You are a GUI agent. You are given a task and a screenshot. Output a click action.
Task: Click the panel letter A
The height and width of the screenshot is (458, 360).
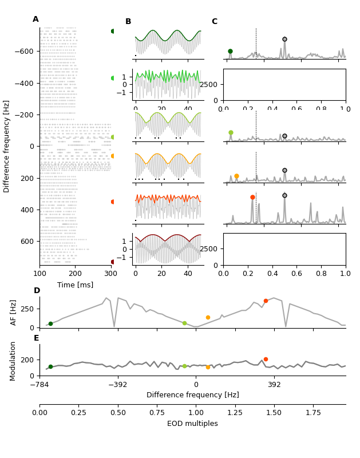click(35, 19)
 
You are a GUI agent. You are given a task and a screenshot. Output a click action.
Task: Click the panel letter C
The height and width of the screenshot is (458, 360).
click(214, 22)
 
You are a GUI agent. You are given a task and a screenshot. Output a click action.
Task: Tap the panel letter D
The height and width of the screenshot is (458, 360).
click(37, 291)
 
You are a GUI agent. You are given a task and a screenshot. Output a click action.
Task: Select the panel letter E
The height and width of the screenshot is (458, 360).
click(36, 338)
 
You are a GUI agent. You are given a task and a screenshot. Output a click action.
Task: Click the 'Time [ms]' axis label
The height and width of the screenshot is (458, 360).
click(75, 285)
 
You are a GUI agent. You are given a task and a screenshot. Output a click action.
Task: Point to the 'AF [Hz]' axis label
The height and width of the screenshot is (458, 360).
click(14, 312)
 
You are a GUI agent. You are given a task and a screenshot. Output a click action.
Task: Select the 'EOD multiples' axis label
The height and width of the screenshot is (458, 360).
click(192, 424)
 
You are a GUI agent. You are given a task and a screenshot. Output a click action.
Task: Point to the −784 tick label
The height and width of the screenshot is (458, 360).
click(39, 384)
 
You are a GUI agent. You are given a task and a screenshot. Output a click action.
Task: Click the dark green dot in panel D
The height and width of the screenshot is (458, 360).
click(50, 323)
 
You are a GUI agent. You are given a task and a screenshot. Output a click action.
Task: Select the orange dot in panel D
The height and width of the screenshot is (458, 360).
click(208, 317)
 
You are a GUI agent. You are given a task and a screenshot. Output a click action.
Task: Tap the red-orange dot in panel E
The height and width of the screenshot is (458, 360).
click(266, 359)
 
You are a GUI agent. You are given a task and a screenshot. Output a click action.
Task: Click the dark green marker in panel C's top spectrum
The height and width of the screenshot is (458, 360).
click(230, 51)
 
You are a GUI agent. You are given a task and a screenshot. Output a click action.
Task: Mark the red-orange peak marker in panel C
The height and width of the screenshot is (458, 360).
click(252, 197)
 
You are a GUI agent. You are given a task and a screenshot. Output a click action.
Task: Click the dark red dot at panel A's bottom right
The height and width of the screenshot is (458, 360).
click(113, 262)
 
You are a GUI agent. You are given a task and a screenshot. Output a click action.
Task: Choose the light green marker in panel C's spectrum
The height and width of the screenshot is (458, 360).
click(231, 132)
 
